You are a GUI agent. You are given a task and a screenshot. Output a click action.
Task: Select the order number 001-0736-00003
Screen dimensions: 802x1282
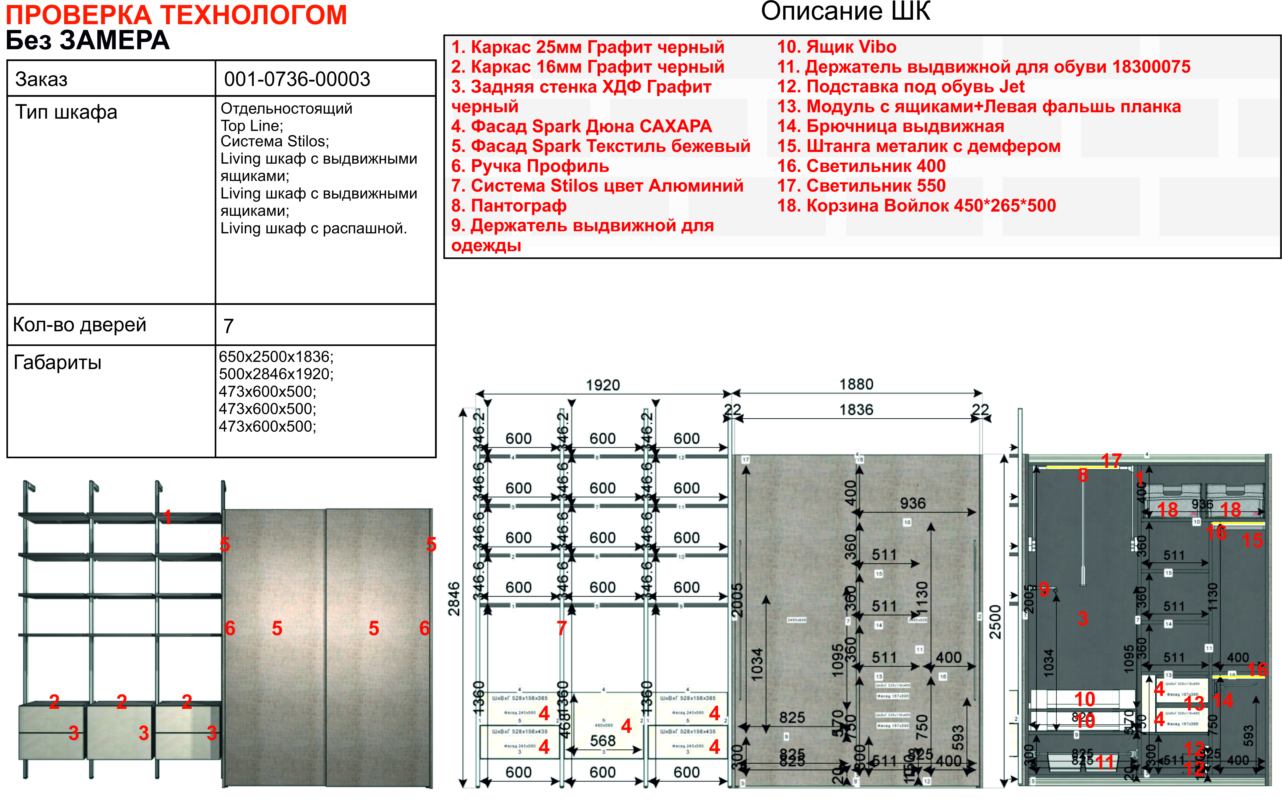click(297, 79)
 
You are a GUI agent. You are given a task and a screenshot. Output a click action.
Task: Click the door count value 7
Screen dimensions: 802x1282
click(228, 326)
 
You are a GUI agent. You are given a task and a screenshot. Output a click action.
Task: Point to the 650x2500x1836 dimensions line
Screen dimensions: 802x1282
click(276, 357)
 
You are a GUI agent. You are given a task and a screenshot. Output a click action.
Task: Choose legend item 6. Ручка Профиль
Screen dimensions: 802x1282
click(530, 166)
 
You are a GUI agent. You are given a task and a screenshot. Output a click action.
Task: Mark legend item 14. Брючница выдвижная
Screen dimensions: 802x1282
click(890, 126)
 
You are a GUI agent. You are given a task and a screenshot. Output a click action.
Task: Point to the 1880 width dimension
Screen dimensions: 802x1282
click(856, 384)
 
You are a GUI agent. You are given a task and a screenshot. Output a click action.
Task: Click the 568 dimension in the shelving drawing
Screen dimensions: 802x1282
click(602, 741)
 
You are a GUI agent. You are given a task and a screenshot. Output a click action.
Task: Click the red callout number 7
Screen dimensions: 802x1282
click(562, 628)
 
